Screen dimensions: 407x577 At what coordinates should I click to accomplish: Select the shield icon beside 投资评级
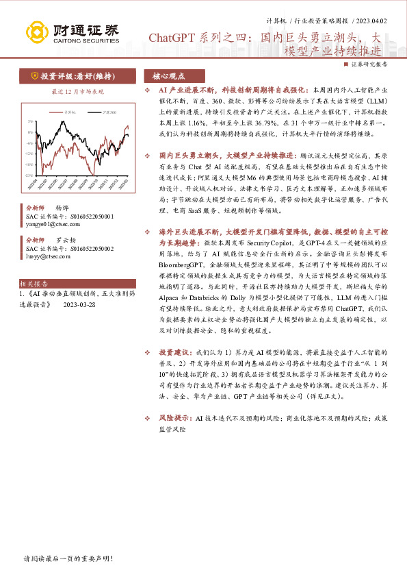(34, 76)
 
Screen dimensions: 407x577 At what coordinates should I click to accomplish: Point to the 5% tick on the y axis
(30, 121)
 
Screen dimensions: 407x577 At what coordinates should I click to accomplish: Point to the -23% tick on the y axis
(29, 175)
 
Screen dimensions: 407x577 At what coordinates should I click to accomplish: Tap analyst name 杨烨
(62, 208)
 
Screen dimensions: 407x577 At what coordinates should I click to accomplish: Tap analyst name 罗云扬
(65, 241)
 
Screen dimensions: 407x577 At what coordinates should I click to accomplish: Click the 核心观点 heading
(168, 77)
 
